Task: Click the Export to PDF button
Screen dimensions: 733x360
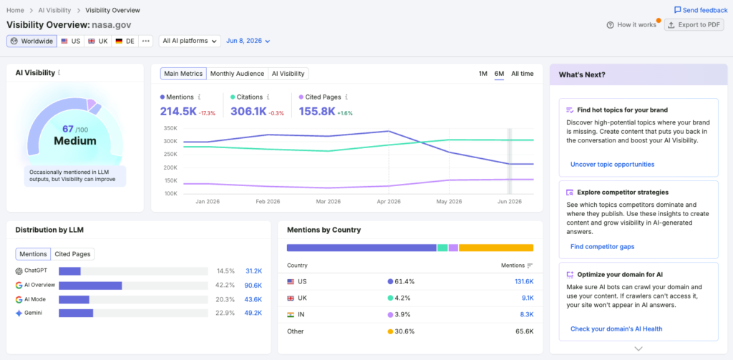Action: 694,25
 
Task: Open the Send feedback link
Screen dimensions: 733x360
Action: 701,10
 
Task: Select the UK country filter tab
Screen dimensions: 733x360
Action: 98,41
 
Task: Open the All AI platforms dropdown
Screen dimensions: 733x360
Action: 190,41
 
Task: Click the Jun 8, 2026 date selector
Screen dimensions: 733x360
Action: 248,41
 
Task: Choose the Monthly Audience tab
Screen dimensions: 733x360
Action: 238,74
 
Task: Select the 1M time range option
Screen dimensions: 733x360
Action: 483,74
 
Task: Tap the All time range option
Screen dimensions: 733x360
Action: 522,74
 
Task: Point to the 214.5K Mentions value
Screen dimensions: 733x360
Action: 178,111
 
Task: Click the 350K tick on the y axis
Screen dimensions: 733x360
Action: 170,128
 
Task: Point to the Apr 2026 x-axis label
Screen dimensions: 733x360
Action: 388,202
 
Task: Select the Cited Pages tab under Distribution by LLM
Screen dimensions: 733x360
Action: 72,254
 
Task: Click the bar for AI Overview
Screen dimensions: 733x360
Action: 90,286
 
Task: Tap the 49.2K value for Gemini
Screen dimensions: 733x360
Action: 253,313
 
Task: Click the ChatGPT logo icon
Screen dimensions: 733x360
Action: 19,271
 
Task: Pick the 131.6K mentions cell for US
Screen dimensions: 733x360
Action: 524,281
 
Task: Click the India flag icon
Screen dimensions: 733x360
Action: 291,315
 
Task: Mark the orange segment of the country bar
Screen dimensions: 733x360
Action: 496,248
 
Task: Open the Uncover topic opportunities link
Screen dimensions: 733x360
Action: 613,164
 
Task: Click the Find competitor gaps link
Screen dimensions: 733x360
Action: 603,246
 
